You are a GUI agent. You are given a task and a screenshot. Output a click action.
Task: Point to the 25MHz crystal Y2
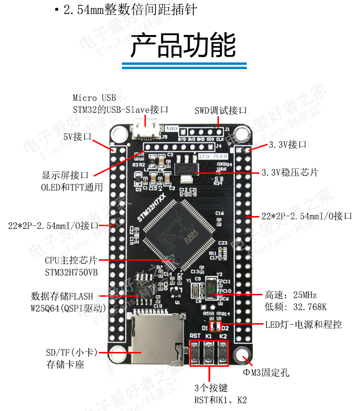[x=211, y=286]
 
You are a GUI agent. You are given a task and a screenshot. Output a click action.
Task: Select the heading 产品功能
[x=183, y=46]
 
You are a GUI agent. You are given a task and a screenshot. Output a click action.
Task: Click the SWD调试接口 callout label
[x=220, y=110]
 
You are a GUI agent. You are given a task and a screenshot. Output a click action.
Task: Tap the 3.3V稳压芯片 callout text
[x=289, y=172]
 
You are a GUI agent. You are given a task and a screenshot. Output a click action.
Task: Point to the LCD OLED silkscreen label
[x=213, y=157]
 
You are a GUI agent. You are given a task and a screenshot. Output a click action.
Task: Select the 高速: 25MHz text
[x=291, y=294]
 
